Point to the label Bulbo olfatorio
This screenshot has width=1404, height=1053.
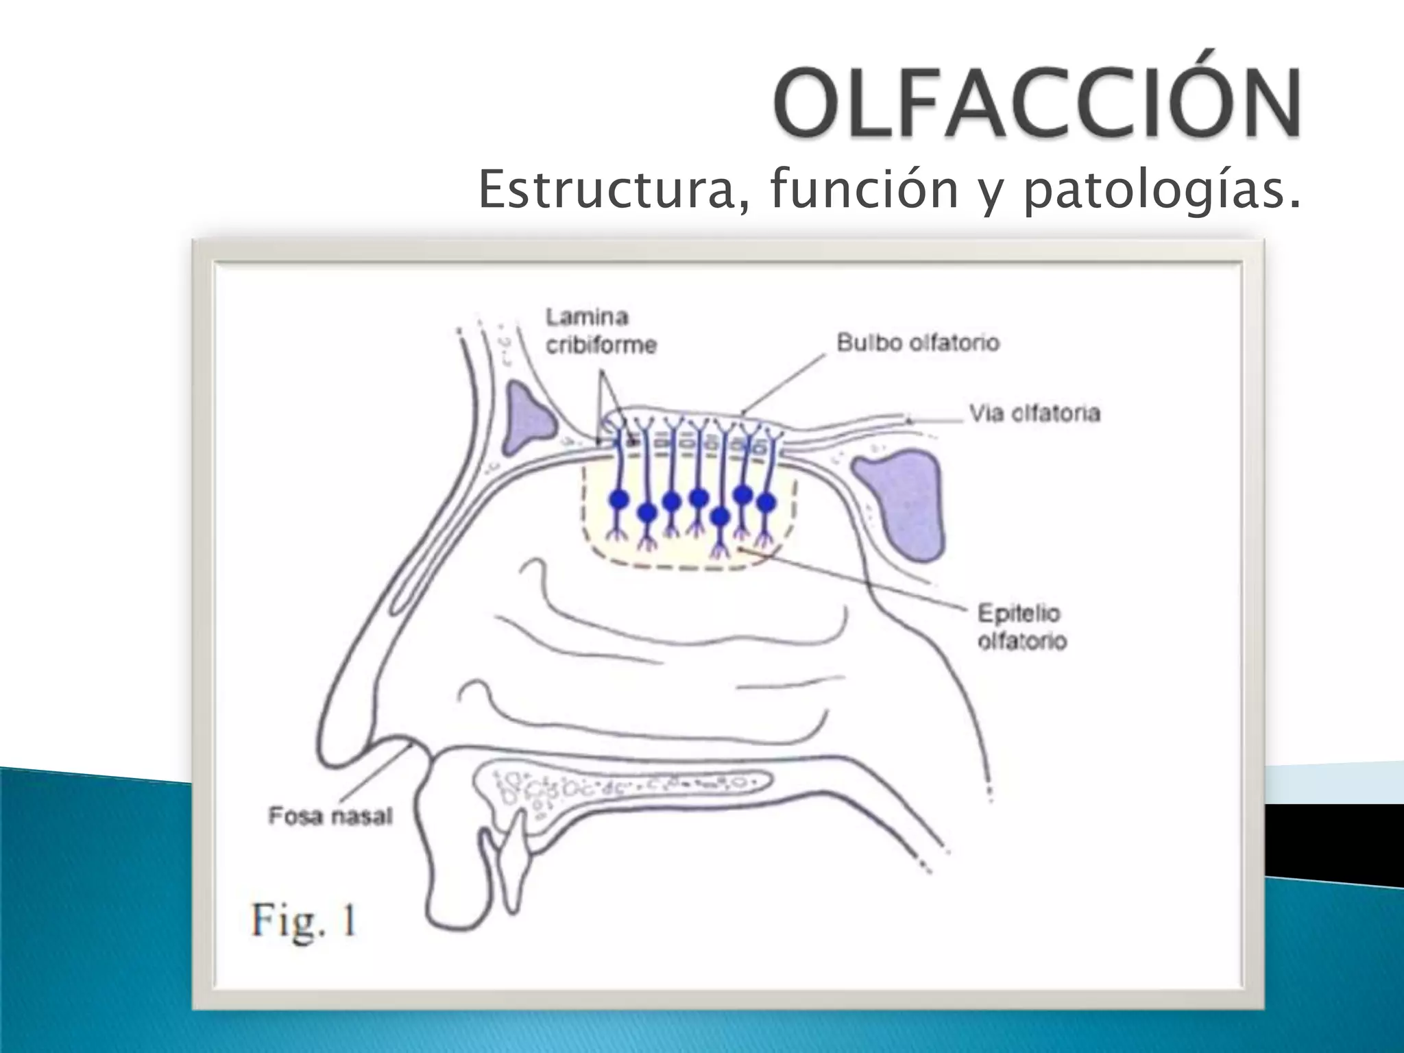click(x=917, y=342)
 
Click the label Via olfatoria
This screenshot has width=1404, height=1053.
click(x=1034, y=413)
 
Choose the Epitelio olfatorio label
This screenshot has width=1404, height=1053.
click(x=1021, y=627)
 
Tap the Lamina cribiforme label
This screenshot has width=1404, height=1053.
click(x=601, y=330)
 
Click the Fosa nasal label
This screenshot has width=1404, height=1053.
click(x=330, y=816)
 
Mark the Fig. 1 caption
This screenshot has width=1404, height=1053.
click(x=304, y=920)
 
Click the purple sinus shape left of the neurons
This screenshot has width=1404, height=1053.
click(x=529, y=417)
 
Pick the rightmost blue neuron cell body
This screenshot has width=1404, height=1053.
click(x=765, y=503)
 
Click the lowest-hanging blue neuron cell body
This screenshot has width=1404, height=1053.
click(x=719, y=516)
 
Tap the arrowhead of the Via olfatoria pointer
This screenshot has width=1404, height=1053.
click(x=908, y=420)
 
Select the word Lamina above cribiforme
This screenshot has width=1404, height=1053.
click(x=587, y=317)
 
